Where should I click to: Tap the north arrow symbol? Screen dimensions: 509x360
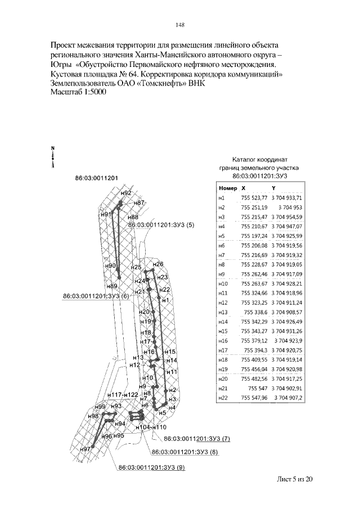click(52, 157)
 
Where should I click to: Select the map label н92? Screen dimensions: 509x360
click(126, 193)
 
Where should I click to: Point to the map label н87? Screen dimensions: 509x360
click(140, 202)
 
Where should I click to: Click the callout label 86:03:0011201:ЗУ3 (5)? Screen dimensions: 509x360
click(161, 225)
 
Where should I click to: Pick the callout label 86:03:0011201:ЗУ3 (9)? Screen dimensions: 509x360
click(150, 467)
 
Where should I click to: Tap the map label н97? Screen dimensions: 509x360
click(85, 449)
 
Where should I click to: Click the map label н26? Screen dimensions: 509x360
click(158, 264)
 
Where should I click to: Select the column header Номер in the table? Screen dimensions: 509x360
click(228, 188)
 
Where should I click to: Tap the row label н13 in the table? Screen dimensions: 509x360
click(222, 312)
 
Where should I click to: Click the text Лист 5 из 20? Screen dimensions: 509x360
click(294, 479)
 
